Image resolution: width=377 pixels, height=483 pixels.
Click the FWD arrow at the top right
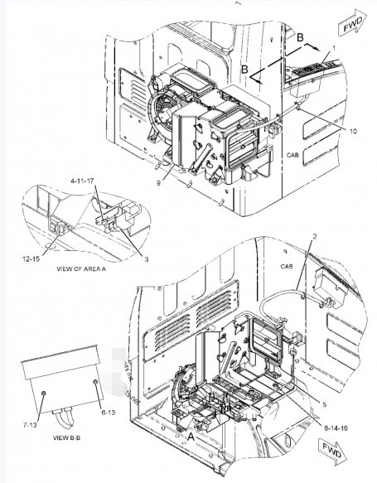[353, 22]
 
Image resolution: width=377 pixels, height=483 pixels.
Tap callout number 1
[334, 48]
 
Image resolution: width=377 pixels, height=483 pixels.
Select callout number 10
[353, 131]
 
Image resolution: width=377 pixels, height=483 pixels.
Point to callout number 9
[158, 183]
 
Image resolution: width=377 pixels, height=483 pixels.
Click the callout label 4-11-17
[82, 181]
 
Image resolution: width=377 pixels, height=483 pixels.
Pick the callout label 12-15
[31, 258]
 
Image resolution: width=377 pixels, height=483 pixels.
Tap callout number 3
[147, 259]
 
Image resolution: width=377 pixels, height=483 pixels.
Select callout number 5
[324, 405]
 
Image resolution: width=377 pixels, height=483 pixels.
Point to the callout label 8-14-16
[336, 427]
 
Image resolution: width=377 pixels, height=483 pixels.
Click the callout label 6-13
[108, 412]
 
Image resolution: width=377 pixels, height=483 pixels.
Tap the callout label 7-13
[30, 425]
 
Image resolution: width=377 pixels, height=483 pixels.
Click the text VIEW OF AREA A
[81, 268]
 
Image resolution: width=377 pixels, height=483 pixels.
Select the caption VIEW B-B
[66, 437]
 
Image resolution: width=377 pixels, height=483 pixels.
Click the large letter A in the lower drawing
[191, 437]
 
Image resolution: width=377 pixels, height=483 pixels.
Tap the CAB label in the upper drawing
[292, 155]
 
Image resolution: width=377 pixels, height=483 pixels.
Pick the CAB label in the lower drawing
[287, 266]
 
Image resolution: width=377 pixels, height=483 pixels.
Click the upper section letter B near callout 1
[300, 37]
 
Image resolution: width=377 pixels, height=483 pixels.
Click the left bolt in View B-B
[43, 393]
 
